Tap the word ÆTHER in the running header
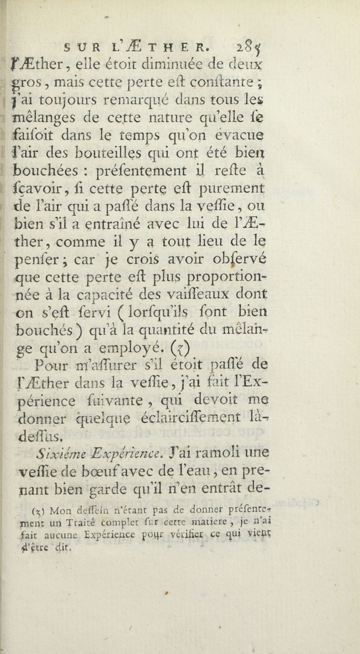171,36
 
